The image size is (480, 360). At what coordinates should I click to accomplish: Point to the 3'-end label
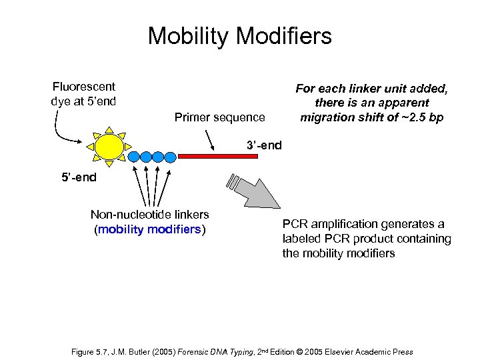point(264,145)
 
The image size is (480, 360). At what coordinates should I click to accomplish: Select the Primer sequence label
point(219,117)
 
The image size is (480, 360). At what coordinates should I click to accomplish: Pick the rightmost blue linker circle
point(170,157)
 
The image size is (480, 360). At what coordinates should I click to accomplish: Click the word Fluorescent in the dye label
point(83,87)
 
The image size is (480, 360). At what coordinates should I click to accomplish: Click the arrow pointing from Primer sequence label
point(209,139)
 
